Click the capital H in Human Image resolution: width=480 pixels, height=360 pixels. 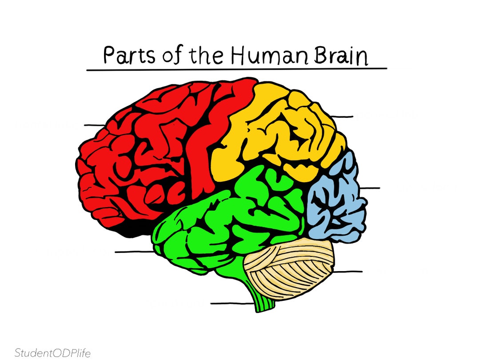pos(239,56)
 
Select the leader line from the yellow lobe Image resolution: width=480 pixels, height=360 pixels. pos(341,116)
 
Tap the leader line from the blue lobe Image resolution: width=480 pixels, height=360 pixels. pos(370,188)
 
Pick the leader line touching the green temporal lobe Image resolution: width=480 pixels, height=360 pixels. pos(133,252)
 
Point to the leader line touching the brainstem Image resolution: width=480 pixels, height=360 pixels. pos(231,304)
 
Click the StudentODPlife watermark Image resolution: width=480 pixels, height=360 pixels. pos(52,353)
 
